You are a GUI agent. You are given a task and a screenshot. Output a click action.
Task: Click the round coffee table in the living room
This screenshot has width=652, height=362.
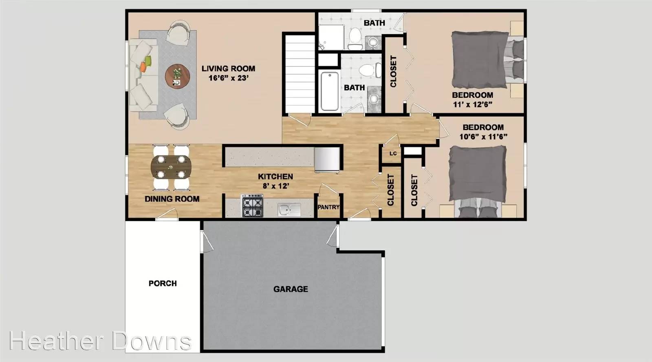coord(177,77)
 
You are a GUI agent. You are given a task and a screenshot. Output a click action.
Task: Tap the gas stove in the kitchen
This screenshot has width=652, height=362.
coord(253,205)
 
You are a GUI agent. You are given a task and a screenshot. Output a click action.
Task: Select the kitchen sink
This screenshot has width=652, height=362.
coord(289,210)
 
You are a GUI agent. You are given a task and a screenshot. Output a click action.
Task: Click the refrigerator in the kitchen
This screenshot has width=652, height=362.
coord(327,160)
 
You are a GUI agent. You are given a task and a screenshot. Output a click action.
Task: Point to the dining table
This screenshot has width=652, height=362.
coord(171,167)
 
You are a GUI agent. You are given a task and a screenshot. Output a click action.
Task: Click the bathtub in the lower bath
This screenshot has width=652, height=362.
coord(330,91)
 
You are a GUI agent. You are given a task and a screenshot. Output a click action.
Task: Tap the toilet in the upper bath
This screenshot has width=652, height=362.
coord(355,39)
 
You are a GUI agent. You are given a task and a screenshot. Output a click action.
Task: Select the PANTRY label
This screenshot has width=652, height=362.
coord(328,207)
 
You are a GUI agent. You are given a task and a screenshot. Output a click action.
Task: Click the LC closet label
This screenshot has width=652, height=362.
coord(393,153)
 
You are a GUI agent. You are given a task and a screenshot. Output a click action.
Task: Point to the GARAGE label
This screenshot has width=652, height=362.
coord(291,289)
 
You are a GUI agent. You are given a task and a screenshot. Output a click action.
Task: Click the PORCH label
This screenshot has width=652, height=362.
coord(163,283)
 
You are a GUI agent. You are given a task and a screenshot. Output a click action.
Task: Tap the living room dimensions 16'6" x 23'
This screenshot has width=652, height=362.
coord(229,78)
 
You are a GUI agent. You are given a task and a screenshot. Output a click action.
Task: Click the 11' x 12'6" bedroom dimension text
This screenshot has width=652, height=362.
coord(473,104)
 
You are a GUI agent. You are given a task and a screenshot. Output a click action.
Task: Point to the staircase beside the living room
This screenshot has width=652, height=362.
coord(300,74)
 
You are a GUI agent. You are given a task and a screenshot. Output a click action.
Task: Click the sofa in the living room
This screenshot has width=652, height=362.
coord(144,75)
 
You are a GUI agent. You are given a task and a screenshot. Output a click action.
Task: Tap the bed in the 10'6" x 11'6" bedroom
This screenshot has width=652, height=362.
coord(477,181)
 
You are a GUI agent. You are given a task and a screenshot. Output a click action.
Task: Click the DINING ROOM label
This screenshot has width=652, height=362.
coord(172,199)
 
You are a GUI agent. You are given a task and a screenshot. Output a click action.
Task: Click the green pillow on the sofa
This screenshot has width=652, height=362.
coord(148,61)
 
